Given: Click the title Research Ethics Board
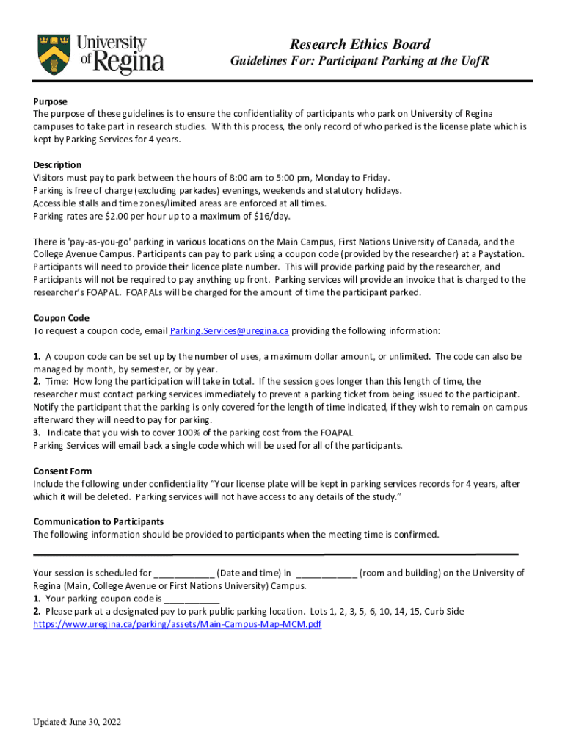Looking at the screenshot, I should pos(360,45).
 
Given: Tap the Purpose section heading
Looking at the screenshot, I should pos(50,101).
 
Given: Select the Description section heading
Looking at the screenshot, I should pos(57,164).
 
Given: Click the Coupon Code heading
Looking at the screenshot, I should pos(61,318).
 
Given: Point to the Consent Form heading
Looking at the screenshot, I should pos(62,471).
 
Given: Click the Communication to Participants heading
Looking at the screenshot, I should pos(98,521).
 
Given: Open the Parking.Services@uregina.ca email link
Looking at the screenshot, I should pos(229,331).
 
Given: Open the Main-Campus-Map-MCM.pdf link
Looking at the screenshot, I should pos(178,624).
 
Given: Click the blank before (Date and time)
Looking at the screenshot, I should pos(184,574).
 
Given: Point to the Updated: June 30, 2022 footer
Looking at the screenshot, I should pos(76,722).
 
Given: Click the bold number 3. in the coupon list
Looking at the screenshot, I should pos(37,433).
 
